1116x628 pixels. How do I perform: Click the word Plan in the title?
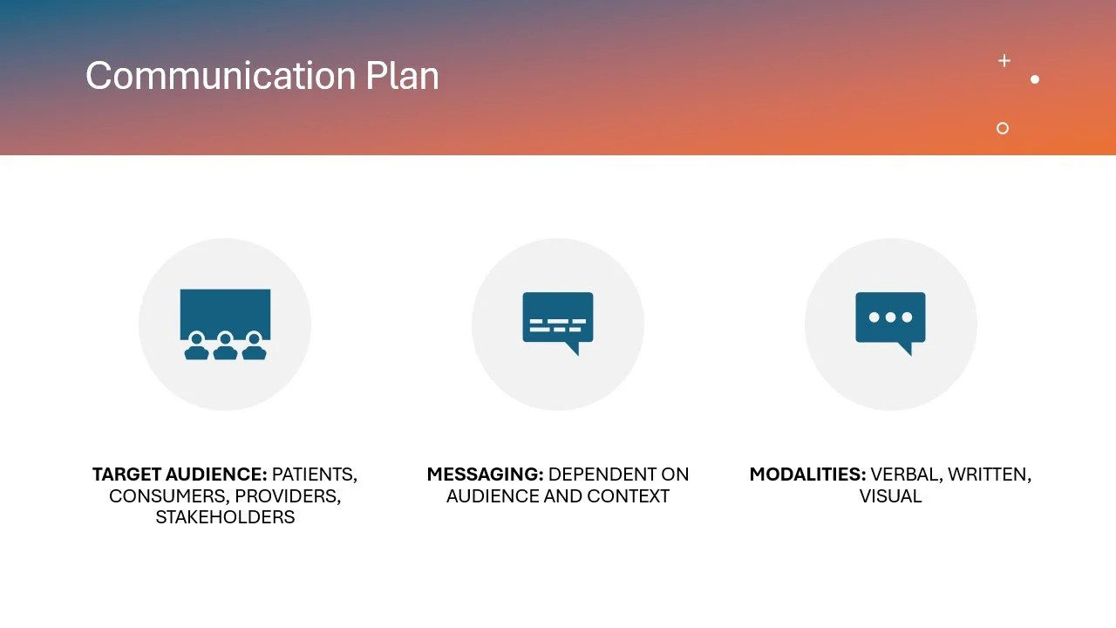402,76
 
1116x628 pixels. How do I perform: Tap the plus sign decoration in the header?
1004,60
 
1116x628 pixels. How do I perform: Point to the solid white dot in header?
1035,79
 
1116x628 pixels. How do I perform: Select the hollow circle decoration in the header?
1003,128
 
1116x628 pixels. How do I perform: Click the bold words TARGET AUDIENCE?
180,475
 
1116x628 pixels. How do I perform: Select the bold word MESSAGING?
485,475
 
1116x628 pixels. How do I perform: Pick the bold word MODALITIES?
807,475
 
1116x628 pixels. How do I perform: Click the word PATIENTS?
314,475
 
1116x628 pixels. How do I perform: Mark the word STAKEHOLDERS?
225,517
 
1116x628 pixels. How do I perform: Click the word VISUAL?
890,496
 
